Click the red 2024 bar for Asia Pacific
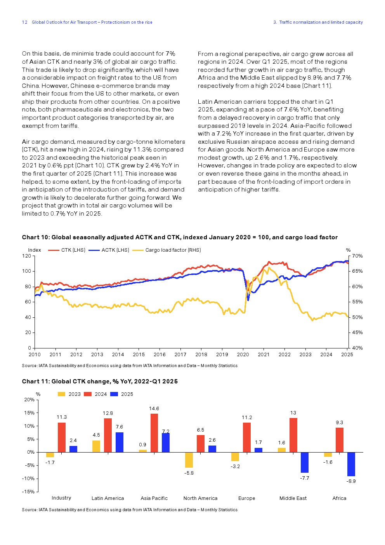coord(154,433)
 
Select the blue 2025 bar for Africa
coord(351,464)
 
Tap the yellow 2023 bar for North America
coord(189,460)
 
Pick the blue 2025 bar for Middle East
coord(305,462)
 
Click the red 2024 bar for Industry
coord(62,437)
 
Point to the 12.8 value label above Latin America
coord(108,413)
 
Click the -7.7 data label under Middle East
coord(305,478)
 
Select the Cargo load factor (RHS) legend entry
coord(173,250)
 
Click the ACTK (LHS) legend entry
coord(115,250)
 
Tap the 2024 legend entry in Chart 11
coord(100,394)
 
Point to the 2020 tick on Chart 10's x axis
coord(243,355)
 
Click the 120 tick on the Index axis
coord(26,256)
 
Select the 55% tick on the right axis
coord(357,302)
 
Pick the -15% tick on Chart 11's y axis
coord(29,492)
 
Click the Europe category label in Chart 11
coord(247,498)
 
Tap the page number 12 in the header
coord(24,23)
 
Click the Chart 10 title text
coord(180,237)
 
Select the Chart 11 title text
coord(100,381)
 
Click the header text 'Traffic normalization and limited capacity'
coord(321,23)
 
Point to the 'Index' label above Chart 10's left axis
coord(35,250)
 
